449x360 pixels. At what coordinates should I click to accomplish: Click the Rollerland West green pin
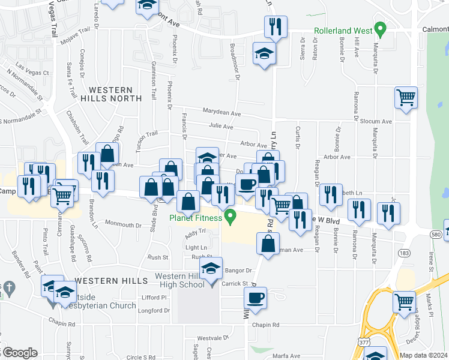(x=379, y=29)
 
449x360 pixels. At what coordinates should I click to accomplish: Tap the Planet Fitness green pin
(x=229, y=217)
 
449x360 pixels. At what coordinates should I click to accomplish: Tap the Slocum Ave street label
(x=376, y=121)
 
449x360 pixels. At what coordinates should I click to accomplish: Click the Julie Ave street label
(x=221, y=127)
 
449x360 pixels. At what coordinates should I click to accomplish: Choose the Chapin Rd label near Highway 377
(x=267, y=325)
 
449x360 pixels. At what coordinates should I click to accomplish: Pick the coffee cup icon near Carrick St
(x=256, y=298)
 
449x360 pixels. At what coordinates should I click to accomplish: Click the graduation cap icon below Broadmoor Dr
(x=264, y=54)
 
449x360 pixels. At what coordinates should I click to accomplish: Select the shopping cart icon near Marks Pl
(x=405, y=301)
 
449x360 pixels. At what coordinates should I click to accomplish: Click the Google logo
(x=19, y=353)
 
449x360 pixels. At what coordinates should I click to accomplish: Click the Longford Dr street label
(x=153, y=310)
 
